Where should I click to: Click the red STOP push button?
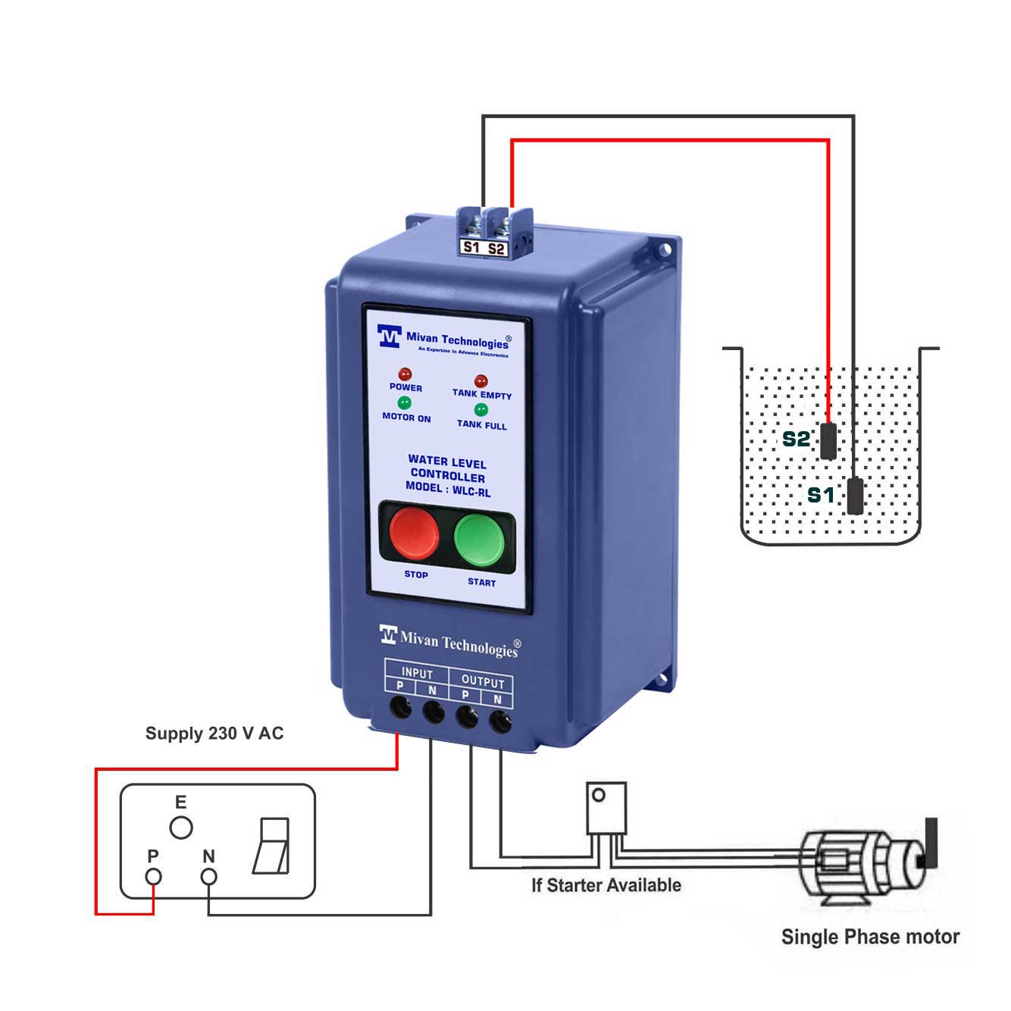tap(413, 534)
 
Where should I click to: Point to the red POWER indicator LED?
tap(405, 374)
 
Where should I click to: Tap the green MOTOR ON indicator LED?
tap(405, 402)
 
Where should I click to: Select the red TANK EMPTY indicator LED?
tap(480, 381)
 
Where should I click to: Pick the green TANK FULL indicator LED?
tap(480, 411)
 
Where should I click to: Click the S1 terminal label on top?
tap(471, 247)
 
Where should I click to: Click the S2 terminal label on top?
tap(496, 248)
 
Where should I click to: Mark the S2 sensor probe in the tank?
tap(828, 441)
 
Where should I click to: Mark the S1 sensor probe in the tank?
tap(855, 496)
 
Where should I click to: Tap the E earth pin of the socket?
tap(181, 828)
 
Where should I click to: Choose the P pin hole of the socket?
tap(154, 877)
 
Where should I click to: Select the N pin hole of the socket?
tap(208, 877)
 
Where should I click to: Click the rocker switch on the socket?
tap(271, 846)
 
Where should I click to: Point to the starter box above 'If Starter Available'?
tap(606, 808)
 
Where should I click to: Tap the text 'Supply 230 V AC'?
tap(214, 734)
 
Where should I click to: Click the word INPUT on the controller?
tap(417, 673)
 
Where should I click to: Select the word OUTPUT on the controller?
tap(482, 681)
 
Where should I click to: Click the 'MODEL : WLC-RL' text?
tap(447, 489)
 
